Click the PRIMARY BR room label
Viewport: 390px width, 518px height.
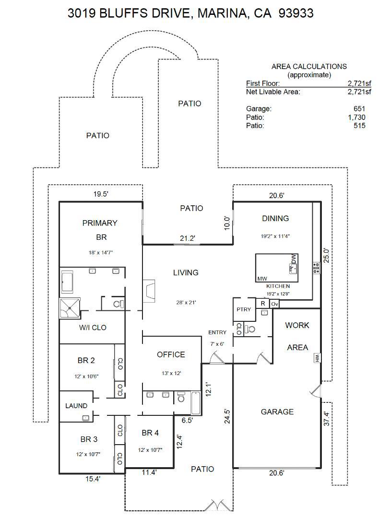[x=100, y=230]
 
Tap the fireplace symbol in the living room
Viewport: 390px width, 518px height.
[x=149, y=291]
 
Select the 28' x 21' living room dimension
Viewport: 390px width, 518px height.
[x=186, y=302]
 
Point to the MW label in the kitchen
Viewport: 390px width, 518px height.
[x=262, y=279]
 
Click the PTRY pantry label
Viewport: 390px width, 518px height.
[x=244, y=309]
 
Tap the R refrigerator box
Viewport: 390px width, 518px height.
[x=263, y=303]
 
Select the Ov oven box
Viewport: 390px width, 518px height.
[x=275, y=304]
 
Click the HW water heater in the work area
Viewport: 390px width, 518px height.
[x=317, y=358]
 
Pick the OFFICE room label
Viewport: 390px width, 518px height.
[x=171, y=354]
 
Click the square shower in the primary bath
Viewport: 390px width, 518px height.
[x=70, y=308]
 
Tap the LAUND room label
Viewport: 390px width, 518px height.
[x=76, y=406]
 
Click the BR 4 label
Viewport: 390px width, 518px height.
[x=150, y=433]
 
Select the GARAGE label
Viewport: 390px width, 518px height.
[x=277, y=412]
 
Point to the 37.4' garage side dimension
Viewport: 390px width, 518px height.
[x=327, y=418]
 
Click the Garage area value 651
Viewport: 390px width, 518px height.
[x=359, y=109]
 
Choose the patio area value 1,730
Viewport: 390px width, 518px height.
[x=356, y=118]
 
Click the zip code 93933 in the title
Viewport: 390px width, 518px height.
[x=296, y=13]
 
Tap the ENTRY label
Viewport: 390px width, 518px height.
[x=217, y=332]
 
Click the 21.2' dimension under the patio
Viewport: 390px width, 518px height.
[x=188, y=238]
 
